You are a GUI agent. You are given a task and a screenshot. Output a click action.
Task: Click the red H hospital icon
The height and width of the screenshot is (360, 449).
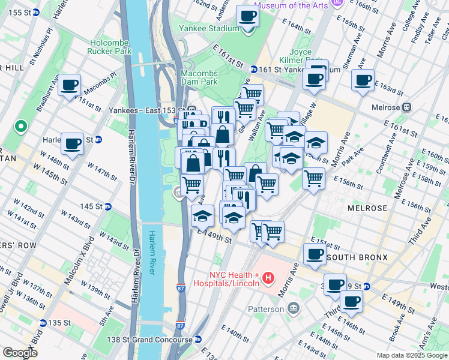[x=268, y=278]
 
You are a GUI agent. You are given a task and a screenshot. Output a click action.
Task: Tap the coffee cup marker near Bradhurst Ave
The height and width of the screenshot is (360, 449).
[x=70, y=85]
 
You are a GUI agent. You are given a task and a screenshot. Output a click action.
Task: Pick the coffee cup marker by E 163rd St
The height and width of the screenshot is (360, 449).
[x=363, y=80]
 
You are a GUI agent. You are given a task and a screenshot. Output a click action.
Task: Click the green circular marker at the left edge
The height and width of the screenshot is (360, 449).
[x=21, y=127]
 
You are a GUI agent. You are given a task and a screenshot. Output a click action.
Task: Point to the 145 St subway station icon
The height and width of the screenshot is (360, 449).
[x=108, y=206]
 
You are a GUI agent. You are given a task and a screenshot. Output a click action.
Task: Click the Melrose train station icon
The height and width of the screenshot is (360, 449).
[x=407, y=107]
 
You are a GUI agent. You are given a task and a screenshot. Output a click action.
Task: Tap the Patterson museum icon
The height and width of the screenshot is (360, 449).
[x=293, y=308]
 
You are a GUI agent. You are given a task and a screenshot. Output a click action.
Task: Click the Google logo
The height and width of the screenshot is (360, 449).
[x=20, y=353]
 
